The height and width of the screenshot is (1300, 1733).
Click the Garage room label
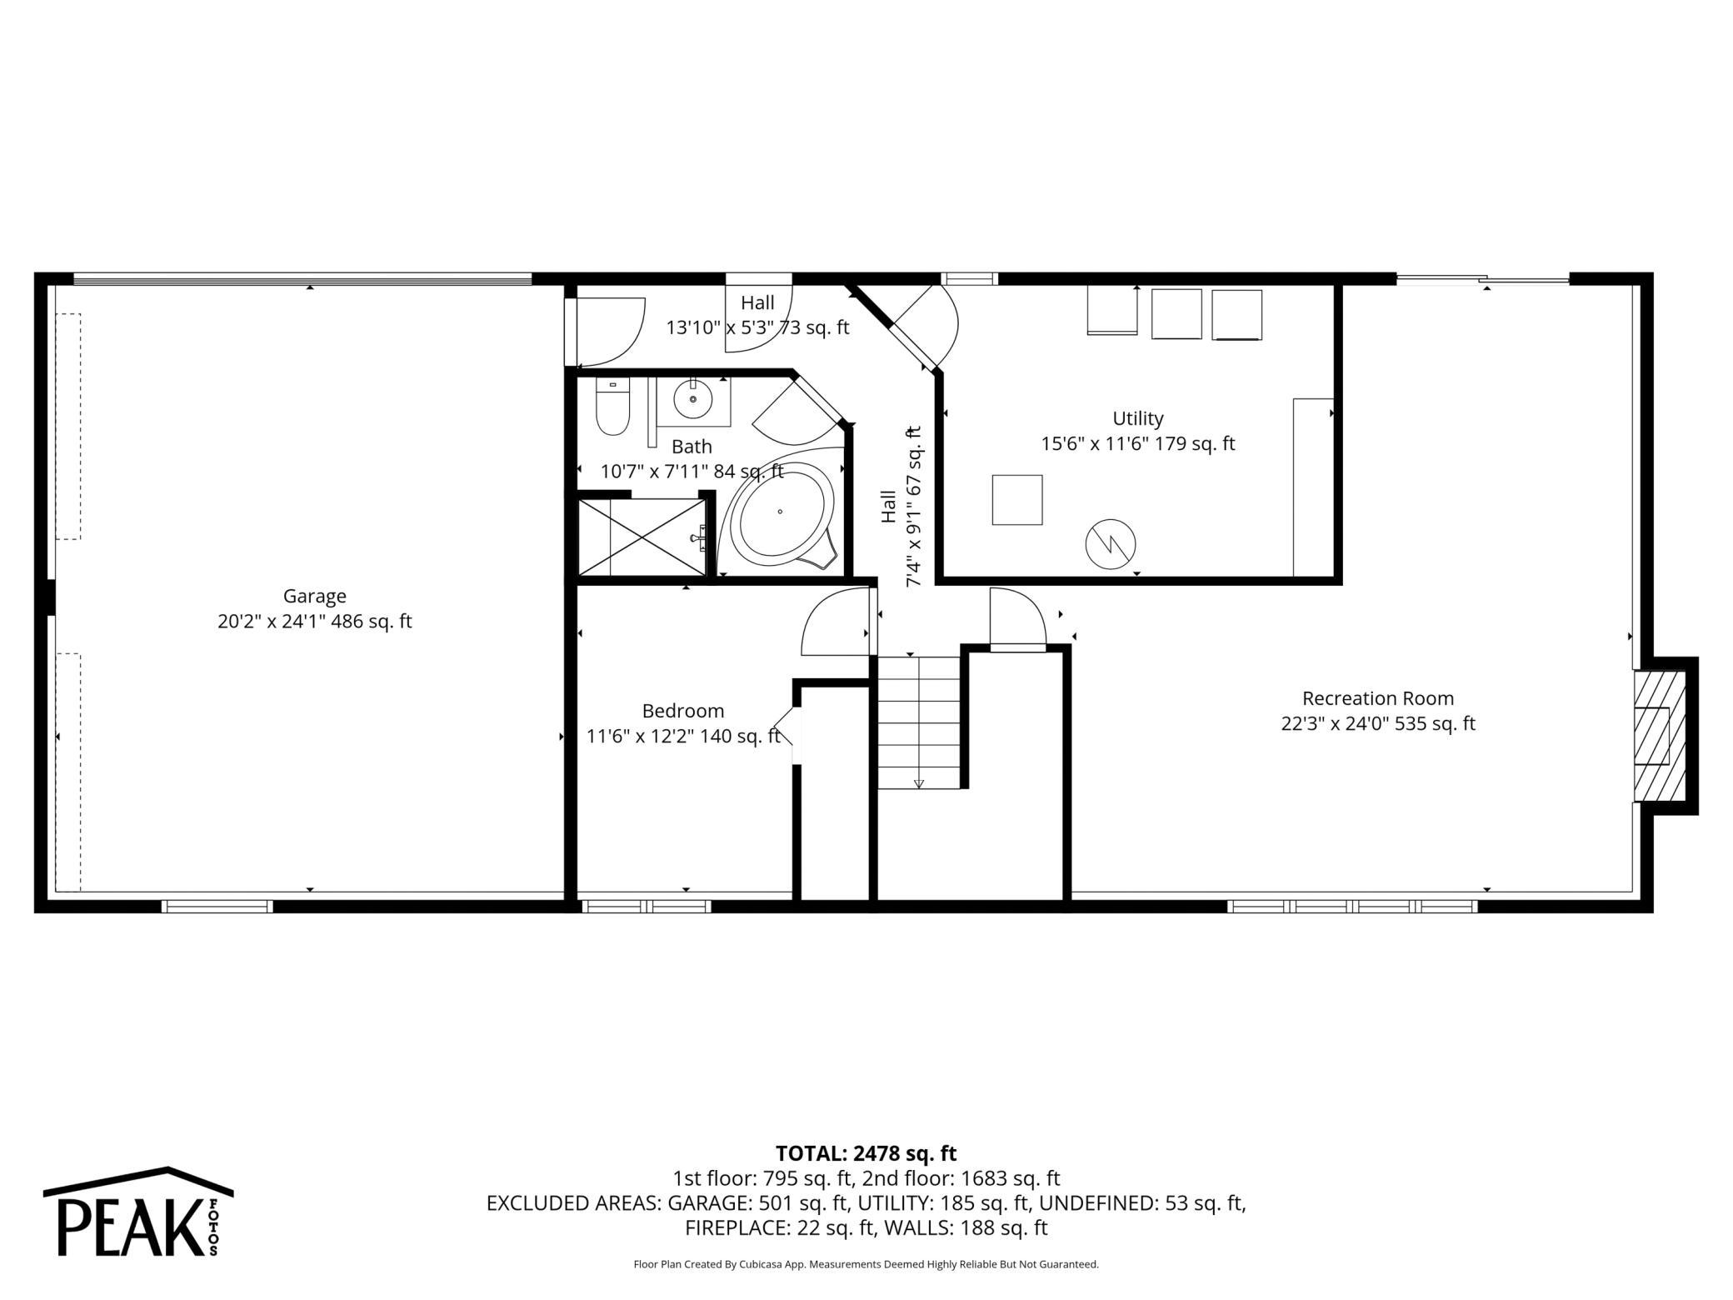(x=314, y=596)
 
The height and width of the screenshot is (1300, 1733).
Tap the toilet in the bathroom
(x=612, y=407)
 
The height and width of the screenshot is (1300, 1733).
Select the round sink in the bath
(x=692, y=400)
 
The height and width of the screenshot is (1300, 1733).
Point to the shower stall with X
(x=642, y=537)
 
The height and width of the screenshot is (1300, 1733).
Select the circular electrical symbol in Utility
(x=1110, y=545)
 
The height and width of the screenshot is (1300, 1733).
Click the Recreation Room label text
(x=1377, y=698)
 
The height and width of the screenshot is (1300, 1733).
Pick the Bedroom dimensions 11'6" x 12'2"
(x=683, y=737)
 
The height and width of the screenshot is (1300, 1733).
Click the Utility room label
(x=1137, y=418)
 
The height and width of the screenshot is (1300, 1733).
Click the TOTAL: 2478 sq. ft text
(x=866, y=1153)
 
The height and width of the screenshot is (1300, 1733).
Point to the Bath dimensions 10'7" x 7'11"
(x=692, y=472)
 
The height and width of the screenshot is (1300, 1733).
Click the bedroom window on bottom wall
(x=646, y=906)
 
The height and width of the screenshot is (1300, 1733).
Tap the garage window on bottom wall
(x=217, y=906)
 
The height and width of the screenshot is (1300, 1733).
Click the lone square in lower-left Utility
(x=1016, y=500)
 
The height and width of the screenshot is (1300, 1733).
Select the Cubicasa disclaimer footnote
(x=866, y=1264)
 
